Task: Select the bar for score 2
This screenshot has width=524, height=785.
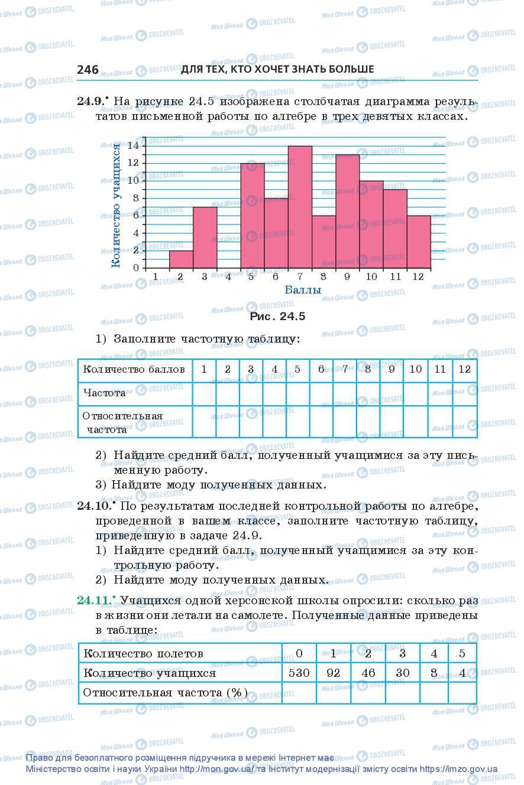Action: coord(181,259)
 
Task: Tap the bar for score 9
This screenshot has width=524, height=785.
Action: coord(347,211)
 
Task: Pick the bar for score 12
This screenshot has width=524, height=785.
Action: coord(419,242)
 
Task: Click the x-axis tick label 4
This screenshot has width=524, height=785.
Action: coord(228,276)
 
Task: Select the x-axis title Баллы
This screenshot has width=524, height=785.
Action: coord(303,290)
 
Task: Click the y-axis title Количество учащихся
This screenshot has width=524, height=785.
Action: coord(117,204)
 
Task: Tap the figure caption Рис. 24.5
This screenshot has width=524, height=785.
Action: coord(277,317)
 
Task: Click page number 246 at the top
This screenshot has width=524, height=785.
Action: coord(88,70)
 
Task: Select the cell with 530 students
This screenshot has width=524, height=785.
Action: coord(299,673)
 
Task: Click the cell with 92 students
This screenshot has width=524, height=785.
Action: coord(334,673)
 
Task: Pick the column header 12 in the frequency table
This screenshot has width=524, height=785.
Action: coord(464,369)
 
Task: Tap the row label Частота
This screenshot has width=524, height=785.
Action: coord(105,393)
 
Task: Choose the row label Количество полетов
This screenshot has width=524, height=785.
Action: coord(144,653)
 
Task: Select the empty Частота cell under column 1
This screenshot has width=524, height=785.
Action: coord(204,393)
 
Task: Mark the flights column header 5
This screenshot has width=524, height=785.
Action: coord(462,653)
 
